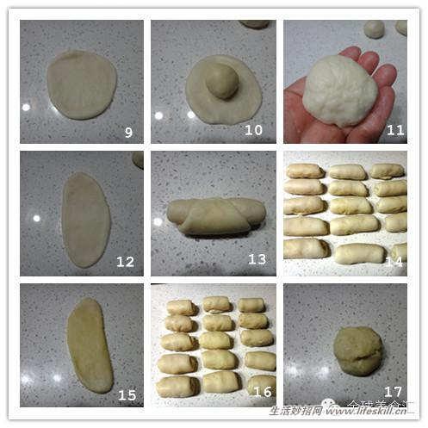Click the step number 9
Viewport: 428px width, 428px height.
pos(127,132)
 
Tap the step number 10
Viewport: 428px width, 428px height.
pos(253,131)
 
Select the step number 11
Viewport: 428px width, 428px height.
pos(395,130)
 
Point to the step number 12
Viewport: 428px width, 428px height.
pos(126,261)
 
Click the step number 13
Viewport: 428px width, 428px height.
pos(257,259)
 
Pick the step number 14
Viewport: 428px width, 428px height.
pos(394,260)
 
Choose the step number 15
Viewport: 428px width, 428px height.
pos(127,395)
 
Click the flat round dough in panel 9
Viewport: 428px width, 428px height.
pos(82,84)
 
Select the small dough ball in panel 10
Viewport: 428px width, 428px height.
pos(222,82)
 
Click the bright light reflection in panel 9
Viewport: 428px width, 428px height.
pos(26,108)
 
